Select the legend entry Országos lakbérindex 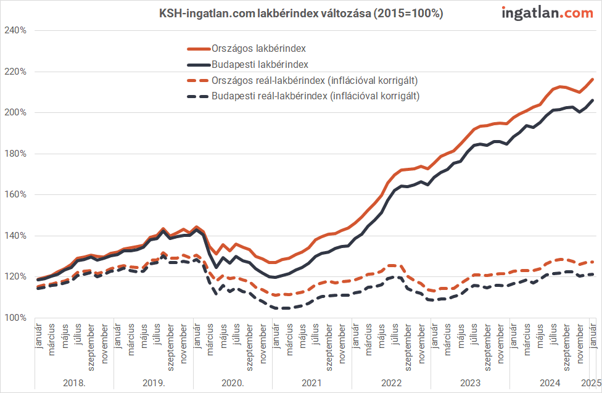[260, 48]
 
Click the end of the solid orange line [593, 79]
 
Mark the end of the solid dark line [593, 100]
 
